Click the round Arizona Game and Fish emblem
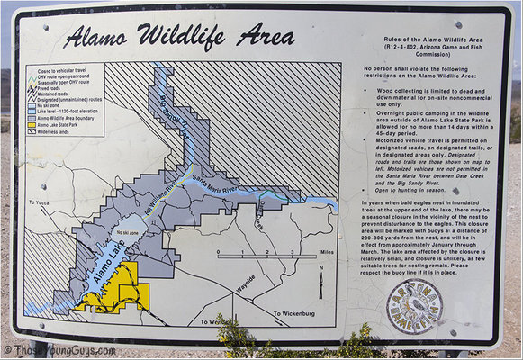point(415,309)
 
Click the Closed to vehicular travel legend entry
point(62,68)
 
